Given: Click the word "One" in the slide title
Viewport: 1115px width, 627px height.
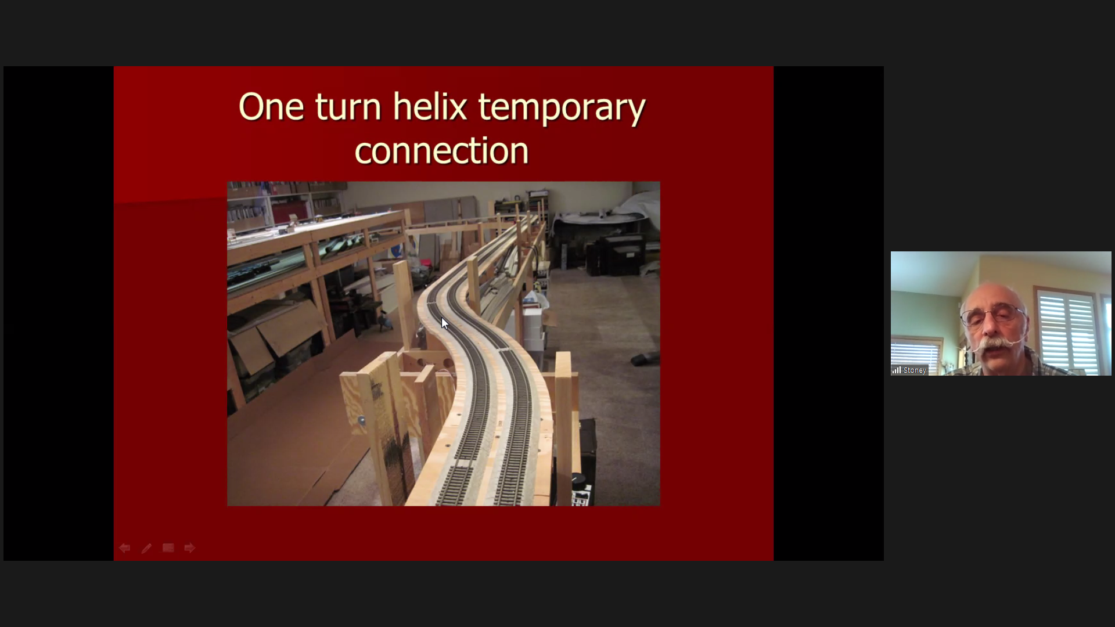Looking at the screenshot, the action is (271, 107).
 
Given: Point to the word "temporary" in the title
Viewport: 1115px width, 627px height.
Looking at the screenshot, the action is (562, 109).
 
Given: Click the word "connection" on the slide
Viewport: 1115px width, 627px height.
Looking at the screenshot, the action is (441, 151).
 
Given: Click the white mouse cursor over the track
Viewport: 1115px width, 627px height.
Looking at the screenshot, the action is (445, 323).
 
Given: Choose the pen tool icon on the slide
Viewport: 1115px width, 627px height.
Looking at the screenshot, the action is (146, 548).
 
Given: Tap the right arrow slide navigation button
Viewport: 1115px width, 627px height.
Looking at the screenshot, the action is (190, 548).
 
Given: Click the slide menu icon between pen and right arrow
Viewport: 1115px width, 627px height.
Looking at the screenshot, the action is (168, 548).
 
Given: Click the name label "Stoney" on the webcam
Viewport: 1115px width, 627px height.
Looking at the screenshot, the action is (915, 370).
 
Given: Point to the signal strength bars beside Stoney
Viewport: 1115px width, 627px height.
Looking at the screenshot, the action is (897, 370).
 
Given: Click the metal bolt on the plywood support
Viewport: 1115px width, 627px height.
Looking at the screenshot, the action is (362, 420).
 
